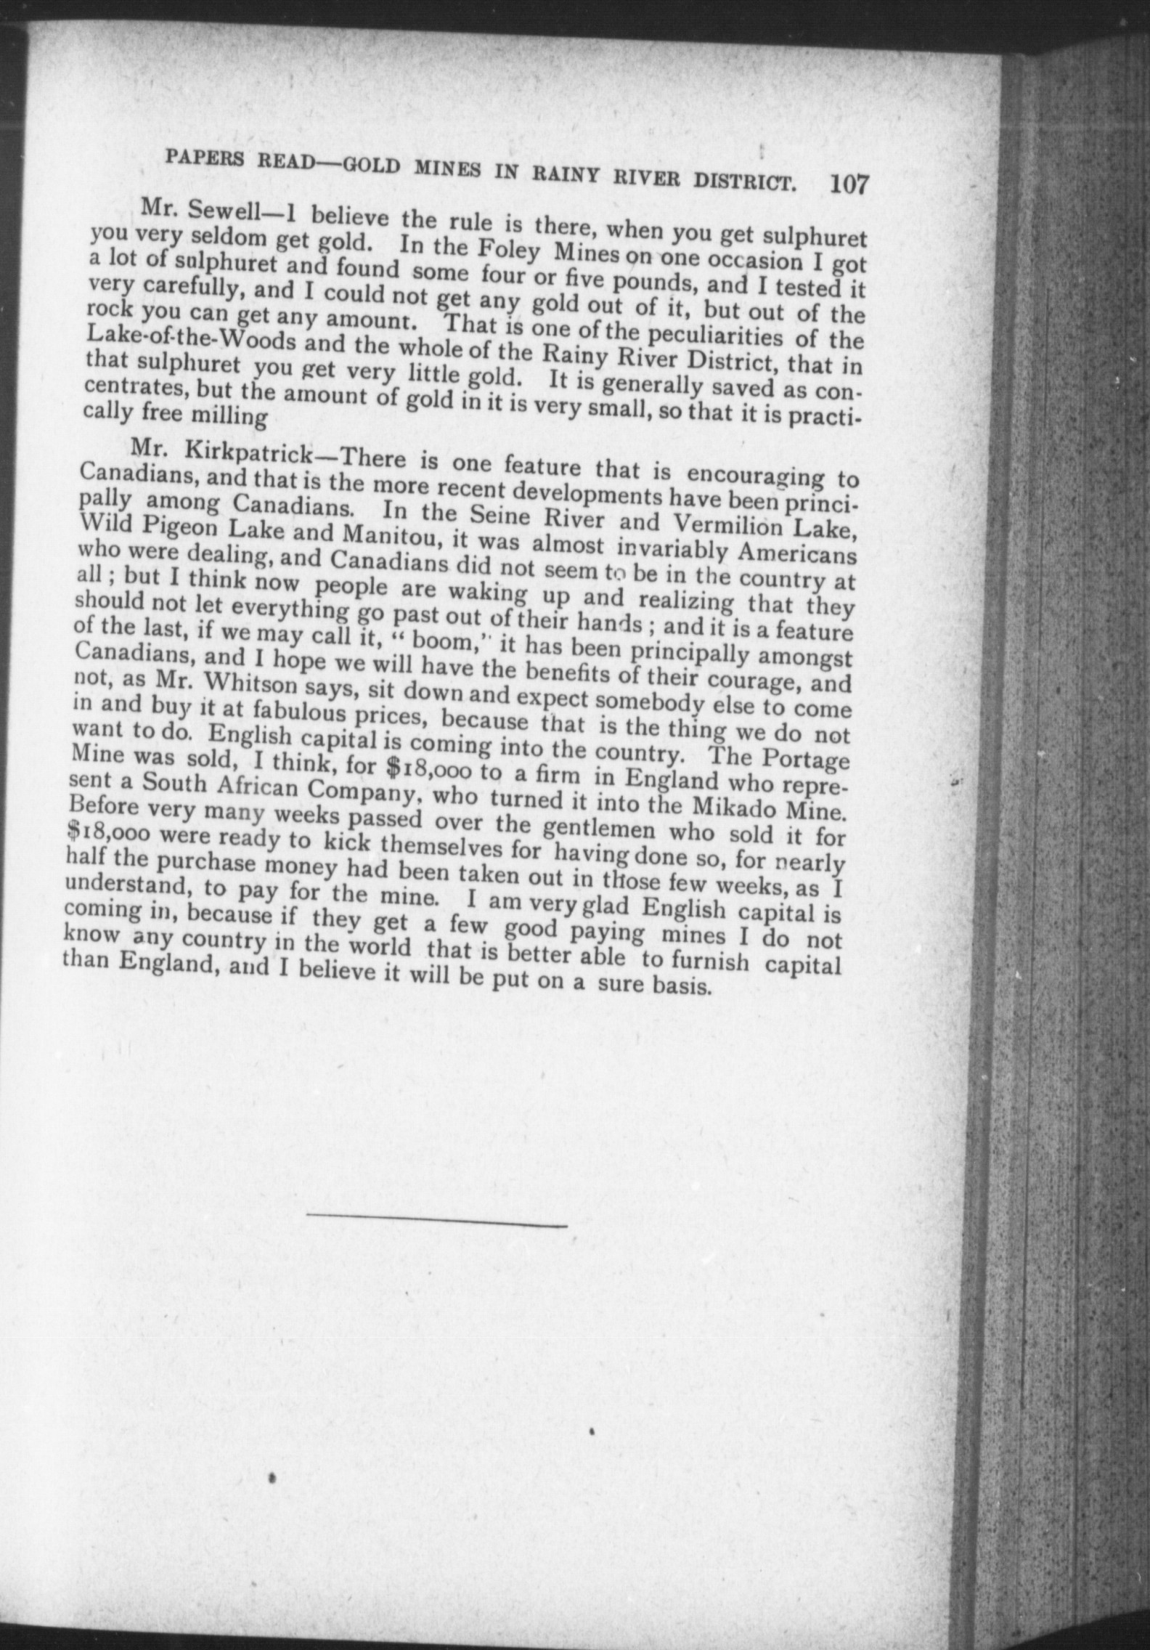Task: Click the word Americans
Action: tap(793, 553)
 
